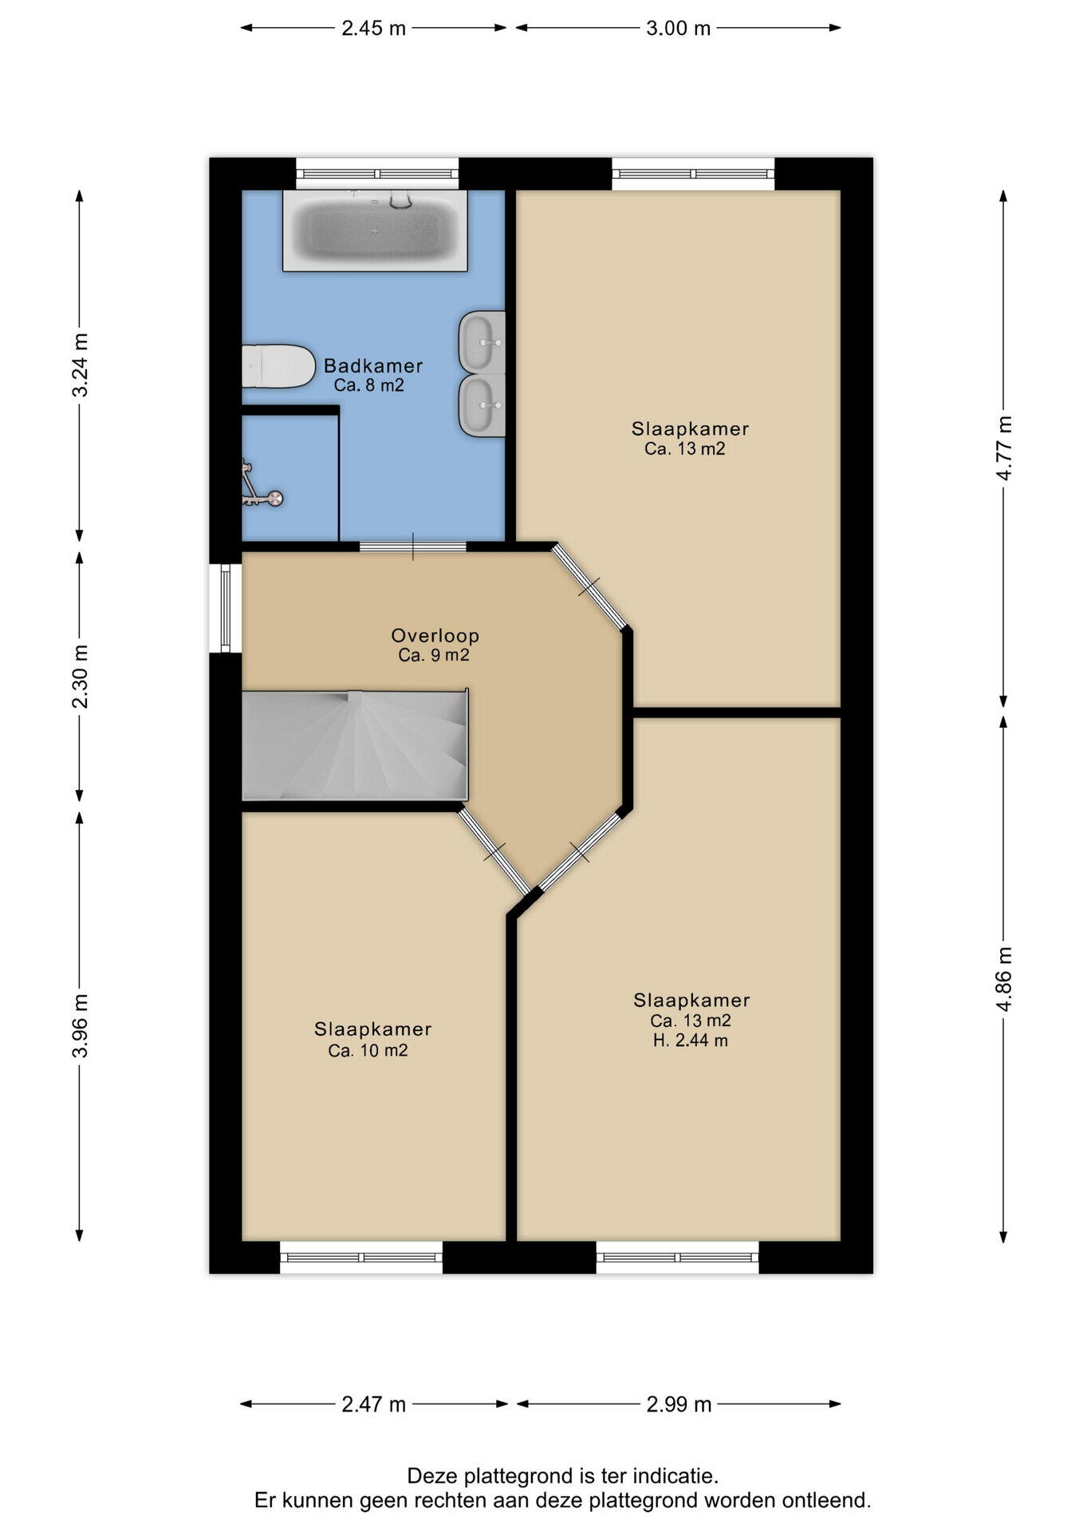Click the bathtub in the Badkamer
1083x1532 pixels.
click(375, 230)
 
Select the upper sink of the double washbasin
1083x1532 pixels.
click(482, 342)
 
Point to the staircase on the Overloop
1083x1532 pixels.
click(355, 745)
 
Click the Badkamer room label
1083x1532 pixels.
click(373, 366)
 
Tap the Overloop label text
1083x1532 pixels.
click(435, 636)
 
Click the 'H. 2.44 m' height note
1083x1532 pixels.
click(690, 1040)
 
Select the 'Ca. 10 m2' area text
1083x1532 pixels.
click(368, 1051)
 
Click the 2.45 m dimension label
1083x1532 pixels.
click(374, 28)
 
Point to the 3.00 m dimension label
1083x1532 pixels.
click(678, 28)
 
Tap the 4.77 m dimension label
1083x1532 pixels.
click(1004, 448)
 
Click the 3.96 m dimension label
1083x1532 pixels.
click(80, 1026)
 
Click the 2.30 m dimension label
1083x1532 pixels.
click(80, 677)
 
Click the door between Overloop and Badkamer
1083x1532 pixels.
click(412, 547)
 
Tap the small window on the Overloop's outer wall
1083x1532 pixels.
click(226, 608)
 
